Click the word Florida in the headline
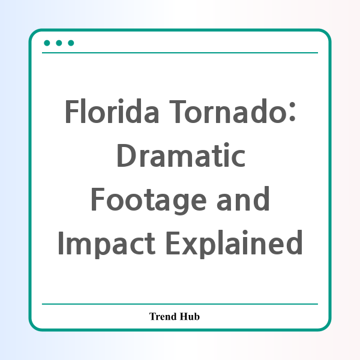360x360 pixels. pyautogui.click(x=112, y=111)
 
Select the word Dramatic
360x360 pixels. pyautogui.click(x=181, y=155)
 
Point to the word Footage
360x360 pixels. pyautogui.click(x=149, y=200)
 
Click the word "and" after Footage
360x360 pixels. pyautogui.click(x=243, y=199)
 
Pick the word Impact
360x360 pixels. pyautogui.click(x=107, y=244)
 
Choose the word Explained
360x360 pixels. pyautogui.click(x=234, y=244)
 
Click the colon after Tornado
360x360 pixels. pyautogui.click(x=292, y=112)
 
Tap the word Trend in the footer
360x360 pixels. pyautogui.click(x=163, y=316)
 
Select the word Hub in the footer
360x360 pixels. pyautogui.click(x=190, y=316)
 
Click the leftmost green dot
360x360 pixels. pyautogui.click(x=47, y=43)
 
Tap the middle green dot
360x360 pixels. pyautogui.click(x=59, y=43)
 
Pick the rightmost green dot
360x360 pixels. pyautogui.click(x=71, y=43)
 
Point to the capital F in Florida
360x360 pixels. pyautogui.click(x=73, y=112)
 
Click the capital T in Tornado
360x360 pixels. pyautogui.click(x=178, y=112)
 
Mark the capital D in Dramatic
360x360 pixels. pyautogui.click(x=127, y=155)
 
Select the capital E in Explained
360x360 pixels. pyautogui.click(x=173, y=243)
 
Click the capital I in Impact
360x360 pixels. pyautogui.click(x=61, y=243)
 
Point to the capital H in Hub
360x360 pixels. pyautogui.click(x=184, y=316)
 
